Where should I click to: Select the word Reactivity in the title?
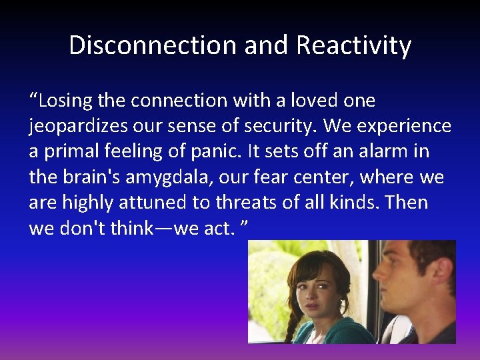pyautogui.click(x=354, y=45)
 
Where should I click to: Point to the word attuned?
pyautogui.click(x=153, y=203)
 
